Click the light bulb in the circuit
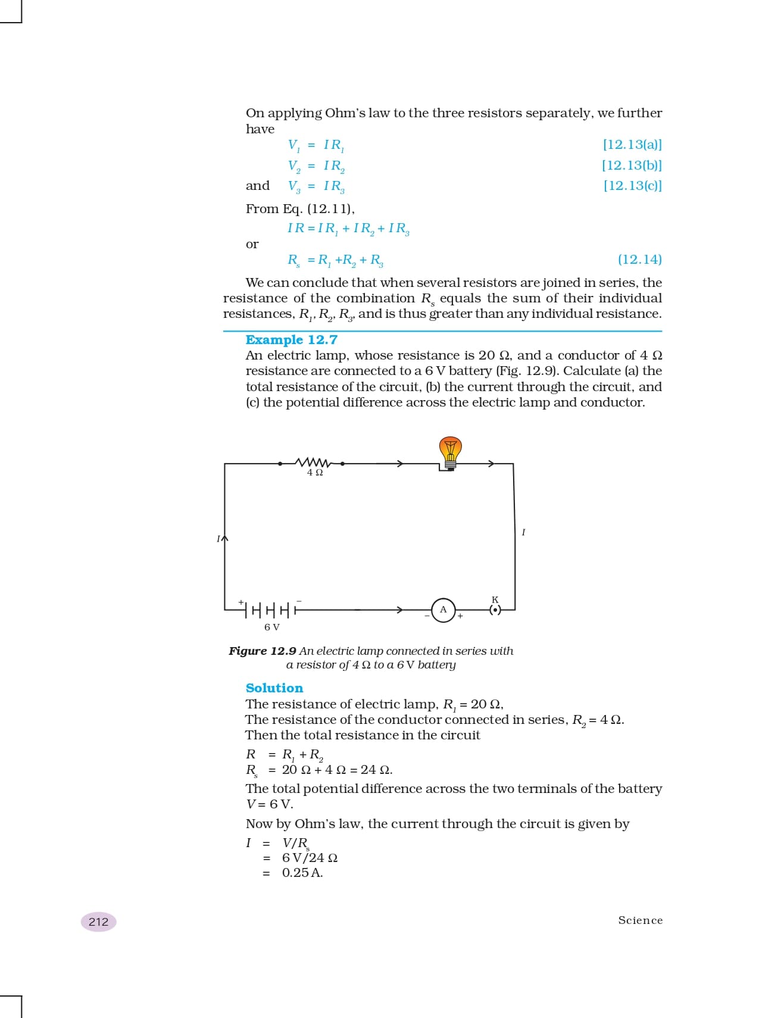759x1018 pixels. pos(450,452)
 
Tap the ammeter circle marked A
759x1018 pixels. pos(443,610)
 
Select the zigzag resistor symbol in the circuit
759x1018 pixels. pos(311,463)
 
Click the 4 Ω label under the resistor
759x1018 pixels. pos(315,473)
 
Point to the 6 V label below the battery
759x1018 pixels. pos(272,627)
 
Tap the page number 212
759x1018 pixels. pos(99,922)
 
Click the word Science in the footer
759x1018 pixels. pos(640,920)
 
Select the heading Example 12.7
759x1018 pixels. pos(292,340)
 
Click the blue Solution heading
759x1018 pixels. pos(274,688)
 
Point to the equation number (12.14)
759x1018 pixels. pos(639,260)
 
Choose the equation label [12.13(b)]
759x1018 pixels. pos(632,165)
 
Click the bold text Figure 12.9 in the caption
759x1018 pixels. pos(263,651)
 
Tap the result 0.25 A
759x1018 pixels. pos(302,873)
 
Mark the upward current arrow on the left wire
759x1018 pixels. pos(224,538)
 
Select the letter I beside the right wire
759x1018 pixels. pos(523,532)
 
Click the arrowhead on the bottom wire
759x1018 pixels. pos(400,610)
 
